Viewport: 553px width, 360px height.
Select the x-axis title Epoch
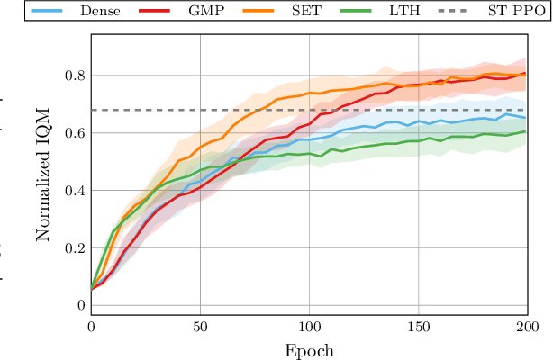click(x=308, y=351)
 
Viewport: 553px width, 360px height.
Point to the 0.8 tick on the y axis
click(x=73, y=76)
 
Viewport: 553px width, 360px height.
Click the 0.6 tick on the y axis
click(x=73, y=133)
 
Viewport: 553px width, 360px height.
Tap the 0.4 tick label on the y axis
click(x=73, y=191)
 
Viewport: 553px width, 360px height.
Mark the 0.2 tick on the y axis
click(x=73, y=248)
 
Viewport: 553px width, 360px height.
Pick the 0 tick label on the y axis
click(x=79, y=306)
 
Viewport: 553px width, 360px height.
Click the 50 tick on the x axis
click(x=200, y=328)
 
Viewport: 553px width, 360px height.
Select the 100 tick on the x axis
click(x=309, y=328)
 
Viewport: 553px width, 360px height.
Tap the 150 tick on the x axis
click(x=418, y=328)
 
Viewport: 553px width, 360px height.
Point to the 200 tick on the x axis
click(x=527, y=328)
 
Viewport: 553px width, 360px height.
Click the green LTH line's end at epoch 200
click(x=526, y=131)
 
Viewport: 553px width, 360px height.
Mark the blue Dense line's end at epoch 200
click(x=526, y=118)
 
